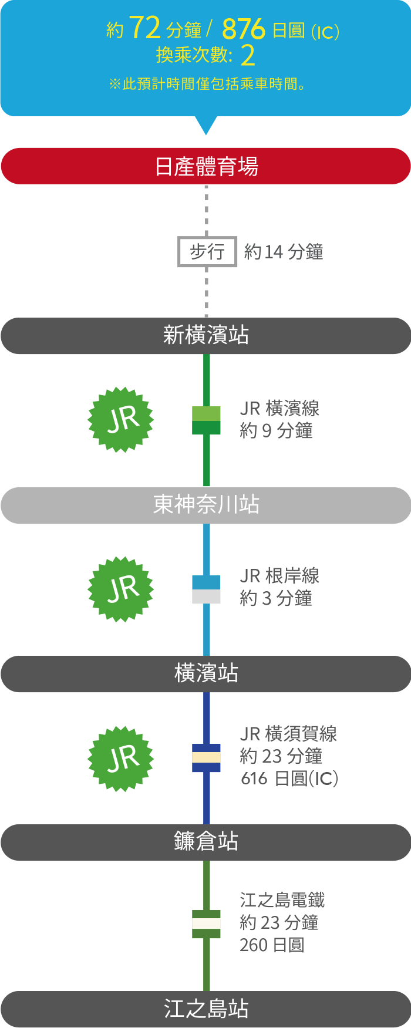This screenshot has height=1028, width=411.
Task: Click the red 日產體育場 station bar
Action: pyautogui.click(x=206, y=166)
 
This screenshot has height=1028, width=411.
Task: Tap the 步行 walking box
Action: pyautogui.click(x=207, y=252)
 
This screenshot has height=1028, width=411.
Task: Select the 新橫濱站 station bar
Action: pyautogui.click(x=206, y=335)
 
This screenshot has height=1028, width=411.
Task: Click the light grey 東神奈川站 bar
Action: pyautogui.click(x=206, y=505)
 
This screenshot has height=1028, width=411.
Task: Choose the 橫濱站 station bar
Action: pyautogui.click(x=206, y=673)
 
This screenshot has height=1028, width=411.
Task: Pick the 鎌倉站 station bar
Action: pyautogui.click(x=206, y=842)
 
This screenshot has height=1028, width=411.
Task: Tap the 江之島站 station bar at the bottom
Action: pyautogui.click(x=206, y=1009)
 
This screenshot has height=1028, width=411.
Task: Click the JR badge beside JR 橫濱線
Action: pyautogui.click(x=121, y=419)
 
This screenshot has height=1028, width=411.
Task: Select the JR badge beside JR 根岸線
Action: pyautogui.click(x=121, y=589)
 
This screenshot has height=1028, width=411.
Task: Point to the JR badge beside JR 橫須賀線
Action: pyautogui.click(x=121, y=759)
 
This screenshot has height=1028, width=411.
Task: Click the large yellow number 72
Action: pyautogui.click(x=144, y=28)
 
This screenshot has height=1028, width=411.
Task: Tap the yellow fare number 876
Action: pyautogui.click(x=244, y=29)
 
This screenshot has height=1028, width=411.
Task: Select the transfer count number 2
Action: pyautogui.click(x=248, y=56)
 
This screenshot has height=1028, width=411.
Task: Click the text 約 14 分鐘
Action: pyautogui.click(x=284, y=252)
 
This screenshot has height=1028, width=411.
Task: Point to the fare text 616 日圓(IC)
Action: pyautogui.click(x=289, y=778)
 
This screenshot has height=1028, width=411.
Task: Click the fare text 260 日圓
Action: pyautogui.click(x=272, y=945)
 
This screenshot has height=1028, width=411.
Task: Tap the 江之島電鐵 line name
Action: pyautogui.click(x=282, y=900)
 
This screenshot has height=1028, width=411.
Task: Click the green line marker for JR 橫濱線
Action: pyautogui.click(x=206, y=420)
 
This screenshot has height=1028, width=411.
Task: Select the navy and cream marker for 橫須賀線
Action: pyautogui.click(x=206, y=758)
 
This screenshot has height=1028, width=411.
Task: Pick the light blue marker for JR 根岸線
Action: pyautogui.click(x=206, y=589)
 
